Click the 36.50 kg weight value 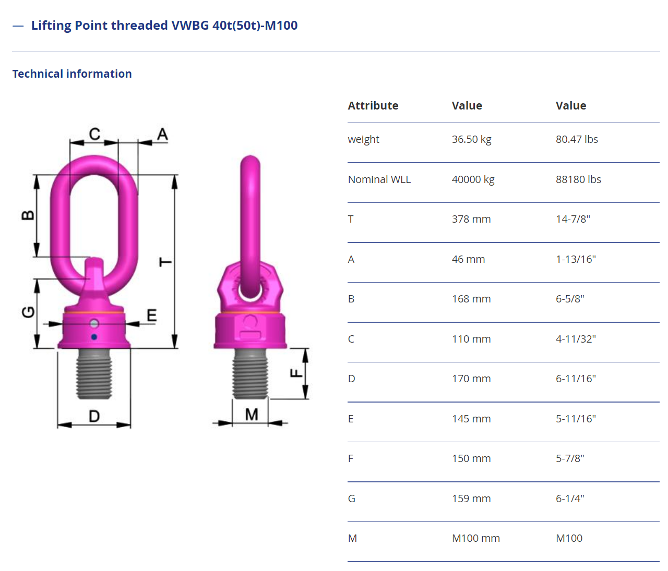(471, 139)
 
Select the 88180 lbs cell (578, 179)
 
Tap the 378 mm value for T (471, 219)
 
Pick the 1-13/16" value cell (576, 259)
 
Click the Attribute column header (373, 106)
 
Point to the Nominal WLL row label (379, 179)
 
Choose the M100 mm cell (476, 538)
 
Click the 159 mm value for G (471, 499)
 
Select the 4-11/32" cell (576, 339)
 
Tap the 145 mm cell (471, 419)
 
